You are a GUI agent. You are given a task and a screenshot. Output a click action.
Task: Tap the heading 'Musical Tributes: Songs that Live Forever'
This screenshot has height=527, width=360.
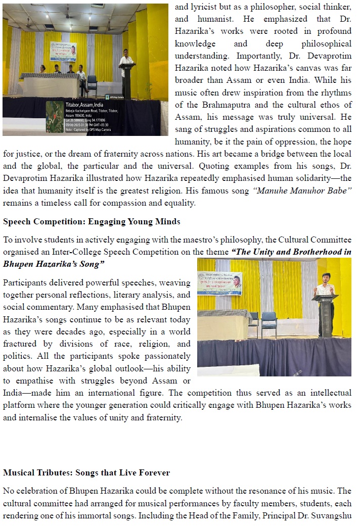(x=86, y=473)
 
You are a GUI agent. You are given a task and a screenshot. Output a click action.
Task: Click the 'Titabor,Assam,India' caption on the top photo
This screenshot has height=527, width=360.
(x=84, y=104)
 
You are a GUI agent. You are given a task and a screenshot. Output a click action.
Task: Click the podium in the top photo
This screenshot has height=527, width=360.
(x=126, y=80)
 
